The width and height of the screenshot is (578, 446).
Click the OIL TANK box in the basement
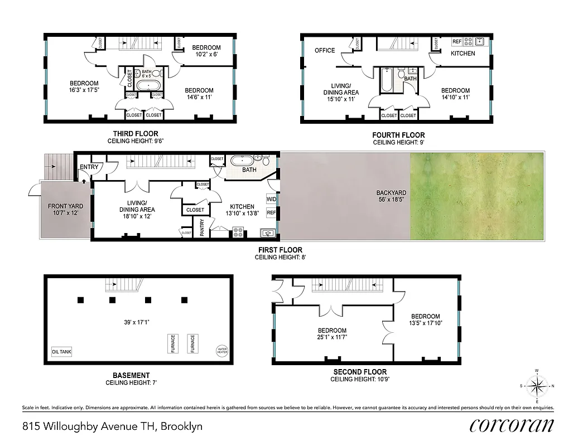pos(61,352)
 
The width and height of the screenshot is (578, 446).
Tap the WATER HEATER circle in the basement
pos(222,351)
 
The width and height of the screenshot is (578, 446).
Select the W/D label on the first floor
pos(271,199)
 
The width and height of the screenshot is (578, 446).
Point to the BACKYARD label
pos(391,193)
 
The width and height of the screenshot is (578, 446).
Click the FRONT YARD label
pos(65,206)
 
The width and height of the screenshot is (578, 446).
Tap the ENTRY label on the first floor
pos(89,167)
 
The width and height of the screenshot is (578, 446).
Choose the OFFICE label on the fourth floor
pos(325,50)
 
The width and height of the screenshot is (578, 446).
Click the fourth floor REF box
pos(457,41)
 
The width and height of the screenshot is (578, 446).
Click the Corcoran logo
pos(512,425)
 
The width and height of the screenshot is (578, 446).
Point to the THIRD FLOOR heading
pos(136,134)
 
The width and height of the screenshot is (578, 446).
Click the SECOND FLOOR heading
pos(360,372)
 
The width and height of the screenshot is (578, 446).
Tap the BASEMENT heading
pos(131,375)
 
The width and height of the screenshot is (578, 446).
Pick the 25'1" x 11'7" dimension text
pos(332,338)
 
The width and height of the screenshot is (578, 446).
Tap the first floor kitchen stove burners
pos(237,232)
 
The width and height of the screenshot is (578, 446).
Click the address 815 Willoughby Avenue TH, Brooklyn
pos(112,427)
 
